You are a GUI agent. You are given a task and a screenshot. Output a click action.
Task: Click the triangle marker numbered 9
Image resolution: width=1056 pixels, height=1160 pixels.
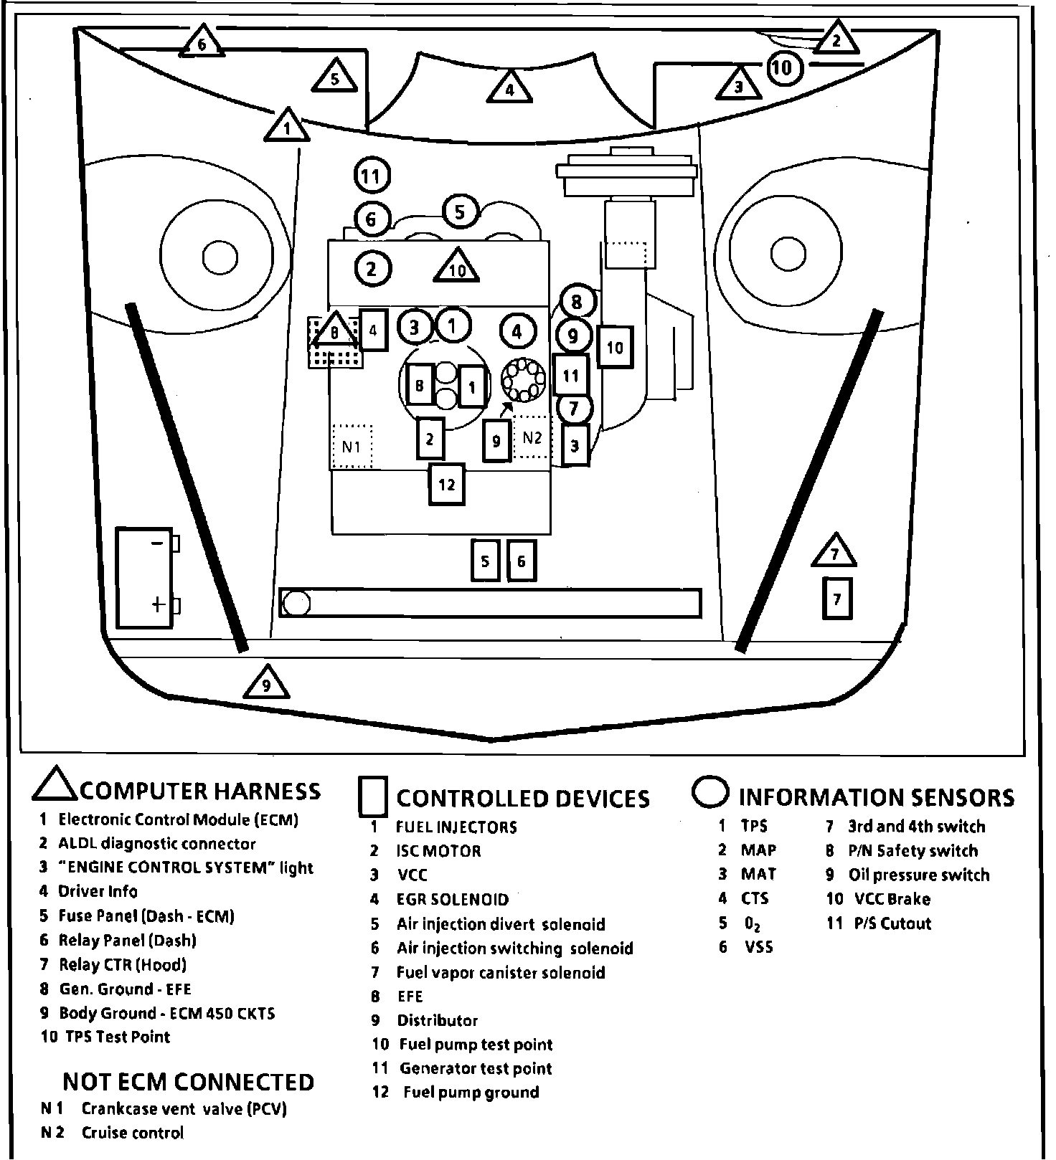click(x=266, y=684)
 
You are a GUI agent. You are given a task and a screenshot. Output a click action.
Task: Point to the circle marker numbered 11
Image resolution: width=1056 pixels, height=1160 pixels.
click(x=372, y=176)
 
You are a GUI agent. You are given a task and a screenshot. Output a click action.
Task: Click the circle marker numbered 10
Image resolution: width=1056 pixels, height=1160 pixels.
click(x=783, y=67)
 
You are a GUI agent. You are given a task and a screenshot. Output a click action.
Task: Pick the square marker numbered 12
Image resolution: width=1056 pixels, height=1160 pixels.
click(x=446, y=485)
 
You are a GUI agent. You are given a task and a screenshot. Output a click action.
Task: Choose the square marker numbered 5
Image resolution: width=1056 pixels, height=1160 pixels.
click(x=485, y=561)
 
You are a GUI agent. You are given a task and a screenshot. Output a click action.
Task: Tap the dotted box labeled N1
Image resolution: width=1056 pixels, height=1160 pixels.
click(x=352, y=447)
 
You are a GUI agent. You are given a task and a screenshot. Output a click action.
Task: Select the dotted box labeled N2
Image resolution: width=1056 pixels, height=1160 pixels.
click(x=532, y=437)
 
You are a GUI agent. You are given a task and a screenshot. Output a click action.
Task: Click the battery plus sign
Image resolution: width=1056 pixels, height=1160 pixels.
click(x=159, y=604)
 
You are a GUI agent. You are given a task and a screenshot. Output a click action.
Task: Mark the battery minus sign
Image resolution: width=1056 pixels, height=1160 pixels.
click(x=156, y=543)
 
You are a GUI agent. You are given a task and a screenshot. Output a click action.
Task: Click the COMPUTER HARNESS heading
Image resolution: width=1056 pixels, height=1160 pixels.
click(x=200, y=791)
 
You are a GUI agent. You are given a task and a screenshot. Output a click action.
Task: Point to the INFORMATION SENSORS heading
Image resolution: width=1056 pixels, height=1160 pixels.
click(x=876, y=797)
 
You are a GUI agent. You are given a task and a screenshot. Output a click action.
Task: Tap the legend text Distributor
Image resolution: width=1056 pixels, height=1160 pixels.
click(x=437, y=1020)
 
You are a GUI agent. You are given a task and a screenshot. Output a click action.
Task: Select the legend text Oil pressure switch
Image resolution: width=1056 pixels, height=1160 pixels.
click(x=918, y=875)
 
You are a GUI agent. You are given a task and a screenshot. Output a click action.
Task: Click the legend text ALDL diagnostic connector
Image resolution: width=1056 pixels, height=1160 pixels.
click(x=156, y=844)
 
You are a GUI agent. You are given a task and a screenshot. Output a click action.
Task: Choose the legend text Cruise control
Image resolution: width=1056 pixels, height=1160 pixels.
click(x=132, y=1133)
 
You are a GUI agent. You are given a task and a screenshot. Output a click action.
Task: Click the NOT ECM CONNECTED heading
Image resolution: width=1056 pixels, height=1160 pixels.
click(x=188, y=1081)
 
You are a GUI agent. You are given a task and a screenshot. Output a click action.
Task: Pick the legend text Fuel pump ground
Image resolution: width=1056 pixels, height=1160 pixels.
click(x=471, y=1093)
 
